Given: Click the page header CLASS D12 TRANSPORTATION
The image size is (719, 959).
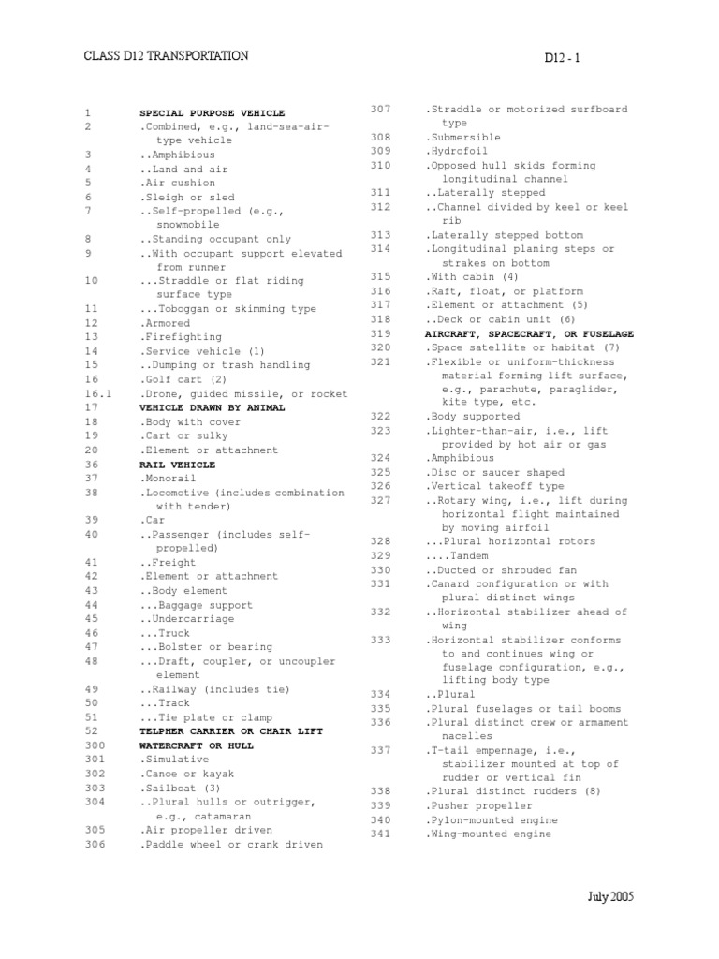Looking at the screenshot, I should point(167,56).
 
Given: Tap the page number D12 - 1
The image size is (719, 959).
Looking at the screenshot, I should point(563,58).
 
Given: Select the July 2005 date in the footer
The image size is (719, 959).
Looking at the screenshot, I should point(610,897).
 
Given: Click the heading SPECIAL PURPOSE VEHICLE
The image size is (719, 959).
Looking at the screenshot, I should point(213,112).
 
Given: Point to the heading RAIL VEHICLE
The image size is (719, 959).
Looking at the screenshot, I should point(178,465).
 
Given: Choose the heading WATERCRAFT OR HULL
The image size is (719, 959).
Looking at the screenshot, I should point(197,745).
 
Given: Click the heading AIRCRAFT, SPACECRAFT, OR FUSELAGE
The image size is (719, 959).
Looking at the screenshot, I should point(530,333).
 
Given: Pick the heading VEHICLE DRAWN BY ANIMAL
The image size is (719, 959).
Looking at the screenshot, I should point(213,408).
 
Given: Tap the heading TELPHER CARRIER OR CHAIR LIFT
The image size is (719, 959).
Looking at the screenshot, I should point(225,731).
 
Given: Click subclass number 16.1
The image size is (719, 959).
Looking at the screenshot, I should point(97,394).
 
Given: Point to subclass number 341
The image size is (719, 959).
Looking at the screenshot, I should point(380,834).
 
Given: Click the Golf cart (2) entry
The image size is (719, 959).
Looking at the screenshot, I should point(183,379).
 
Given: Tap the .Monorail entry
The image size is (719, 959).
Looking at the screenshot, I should point(172,479).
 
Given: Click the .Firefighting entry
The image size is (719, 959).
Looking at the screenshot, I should point(182,337).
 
